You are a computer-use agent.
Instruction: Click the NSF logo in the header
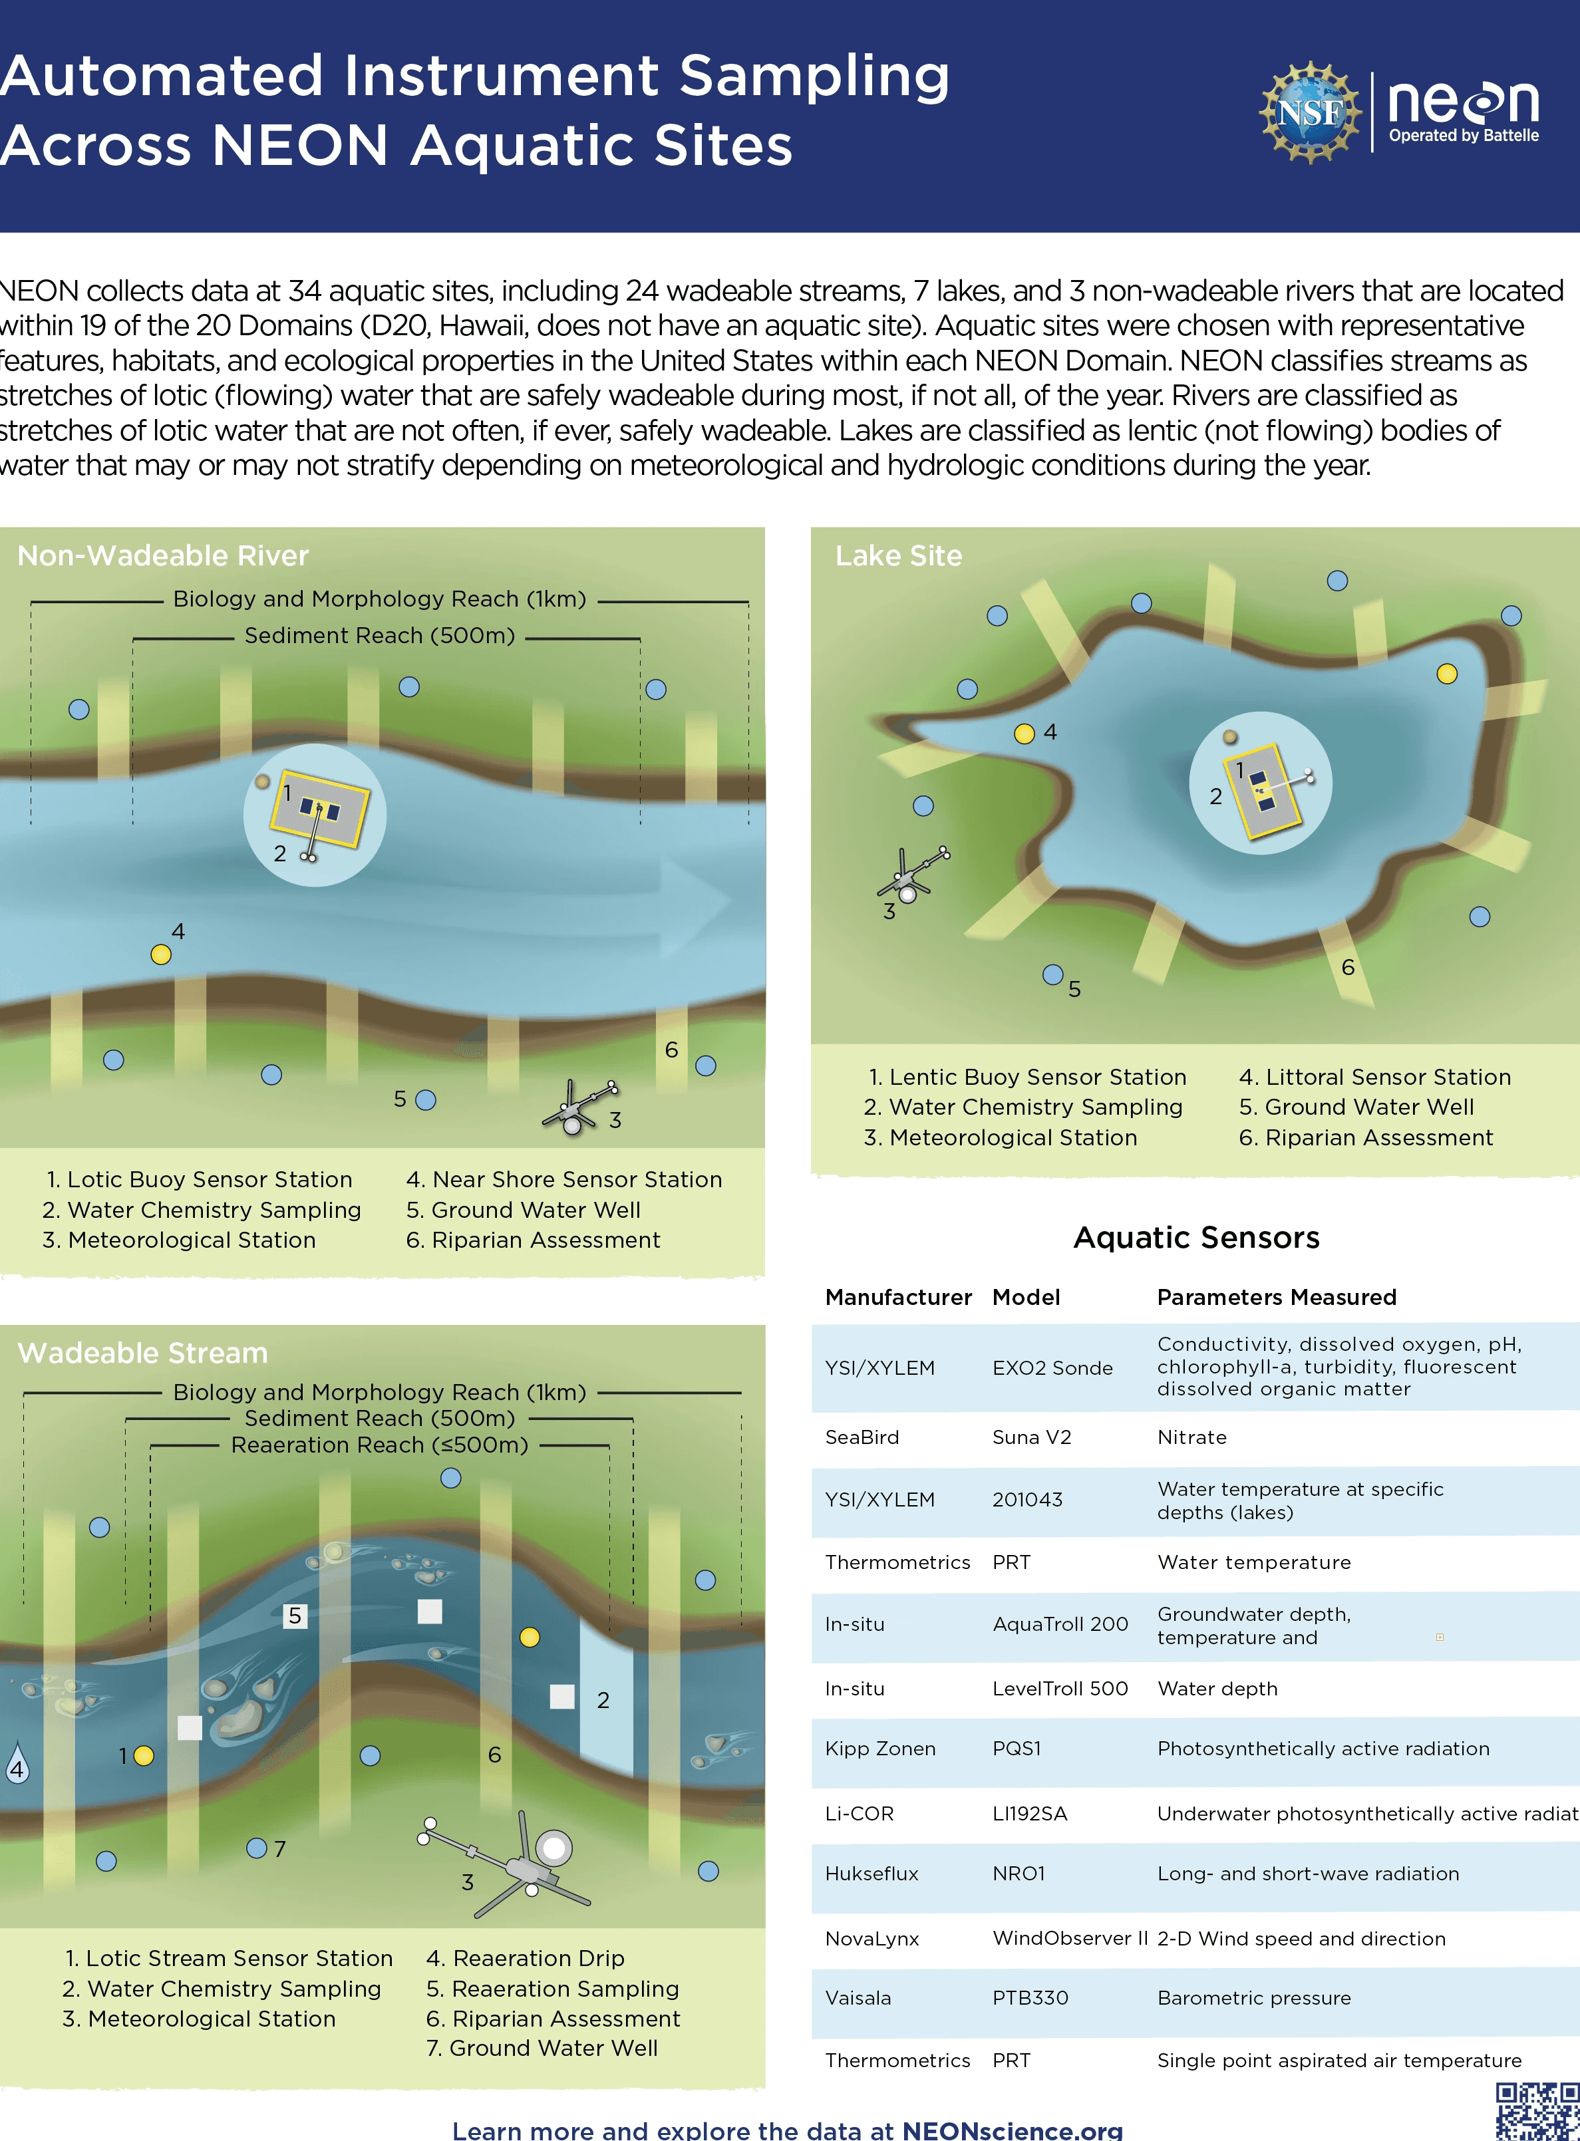(1309, 112)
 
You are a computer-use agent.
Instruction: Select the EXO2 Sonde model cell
(1052, 1367)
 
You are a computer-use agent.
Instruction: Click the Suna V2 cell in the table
(1031, 1437)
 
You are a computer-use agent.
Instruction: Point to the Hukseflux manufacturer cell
(871, 1873)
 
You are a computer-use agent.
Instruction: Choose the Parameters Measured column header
(1276, 1297)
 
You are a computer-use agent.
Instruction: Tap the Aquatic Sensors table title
(1195, 1237)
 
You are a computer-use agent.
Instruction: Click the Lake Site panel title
(898, 555)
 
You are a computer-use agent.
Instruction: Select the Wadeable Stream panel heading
(142, 1353)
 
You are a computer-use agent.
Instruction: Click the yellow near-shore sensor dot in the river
(161, 954)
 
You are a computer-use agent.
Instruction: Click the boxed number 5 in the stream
(295, 1616)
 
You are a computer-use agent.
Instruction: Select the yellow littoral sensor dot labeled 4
(1025, 734)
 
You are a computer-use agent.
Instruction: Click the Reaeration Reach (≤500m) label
(380, 1445)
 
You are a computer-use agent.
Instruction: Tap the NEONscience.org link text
(1012, 2130)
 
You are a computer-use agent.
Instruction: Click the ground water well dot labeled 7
(256, 1848)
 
